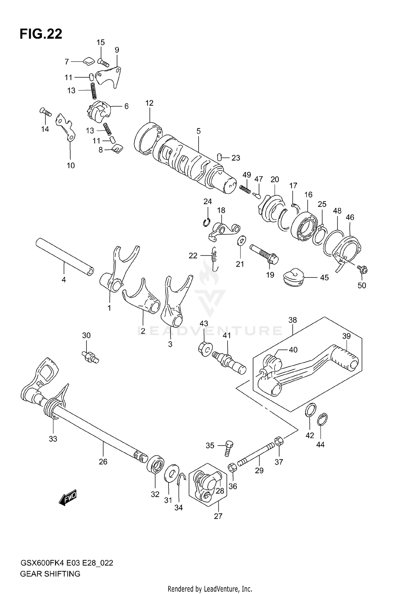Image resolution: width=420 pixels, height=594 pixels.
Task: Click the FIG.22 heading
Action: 41,34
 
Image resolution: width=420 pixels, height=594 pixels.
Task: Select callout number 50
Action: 362,285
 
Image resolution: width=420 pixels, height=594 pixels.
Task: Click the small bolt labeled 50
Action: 363,270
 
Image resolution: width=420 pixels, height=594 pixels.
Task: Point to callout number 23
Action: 236,158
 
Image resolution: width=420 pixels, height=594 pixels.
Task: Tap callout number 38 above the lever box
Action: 293,320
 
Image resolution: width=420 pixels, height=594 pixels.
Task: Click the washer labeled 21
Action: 241,240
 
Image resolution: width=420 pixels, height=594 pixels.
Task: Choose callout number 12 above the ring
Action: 150,103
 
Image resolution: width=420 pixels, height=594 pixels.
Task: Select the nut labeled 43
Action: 205,349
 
